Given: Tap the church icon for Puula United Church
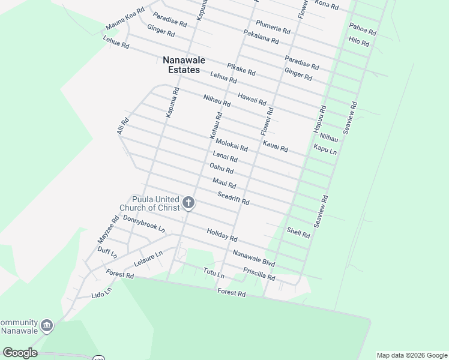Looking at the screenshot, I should pos(188,203).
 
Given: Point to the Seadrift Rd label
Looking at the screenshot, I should pos(234,198).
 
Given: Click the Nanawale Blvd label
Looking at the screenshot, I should pos(254,259).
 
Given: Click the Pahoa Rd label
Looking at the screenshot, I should pos(363,29).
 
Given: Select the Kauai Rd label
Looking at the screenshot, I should pos(276,145).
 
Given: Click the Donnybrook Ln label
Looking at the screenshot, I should pos(143,224).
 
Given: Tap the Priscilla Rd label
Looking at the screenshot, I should pos(259,274).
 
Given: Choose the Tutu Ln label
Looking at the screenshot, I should pos(214,273).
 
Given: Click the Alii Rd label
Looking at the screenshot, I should pos(123,125).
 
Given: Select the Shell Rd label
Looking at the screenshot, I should pos(298,233).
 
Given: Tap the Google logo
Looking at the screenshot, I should pos(20,353).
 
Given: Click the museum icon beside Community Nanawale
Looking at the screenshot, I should pos(47,326).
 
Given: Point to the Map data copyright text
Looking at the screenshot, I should pos(412,355).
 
